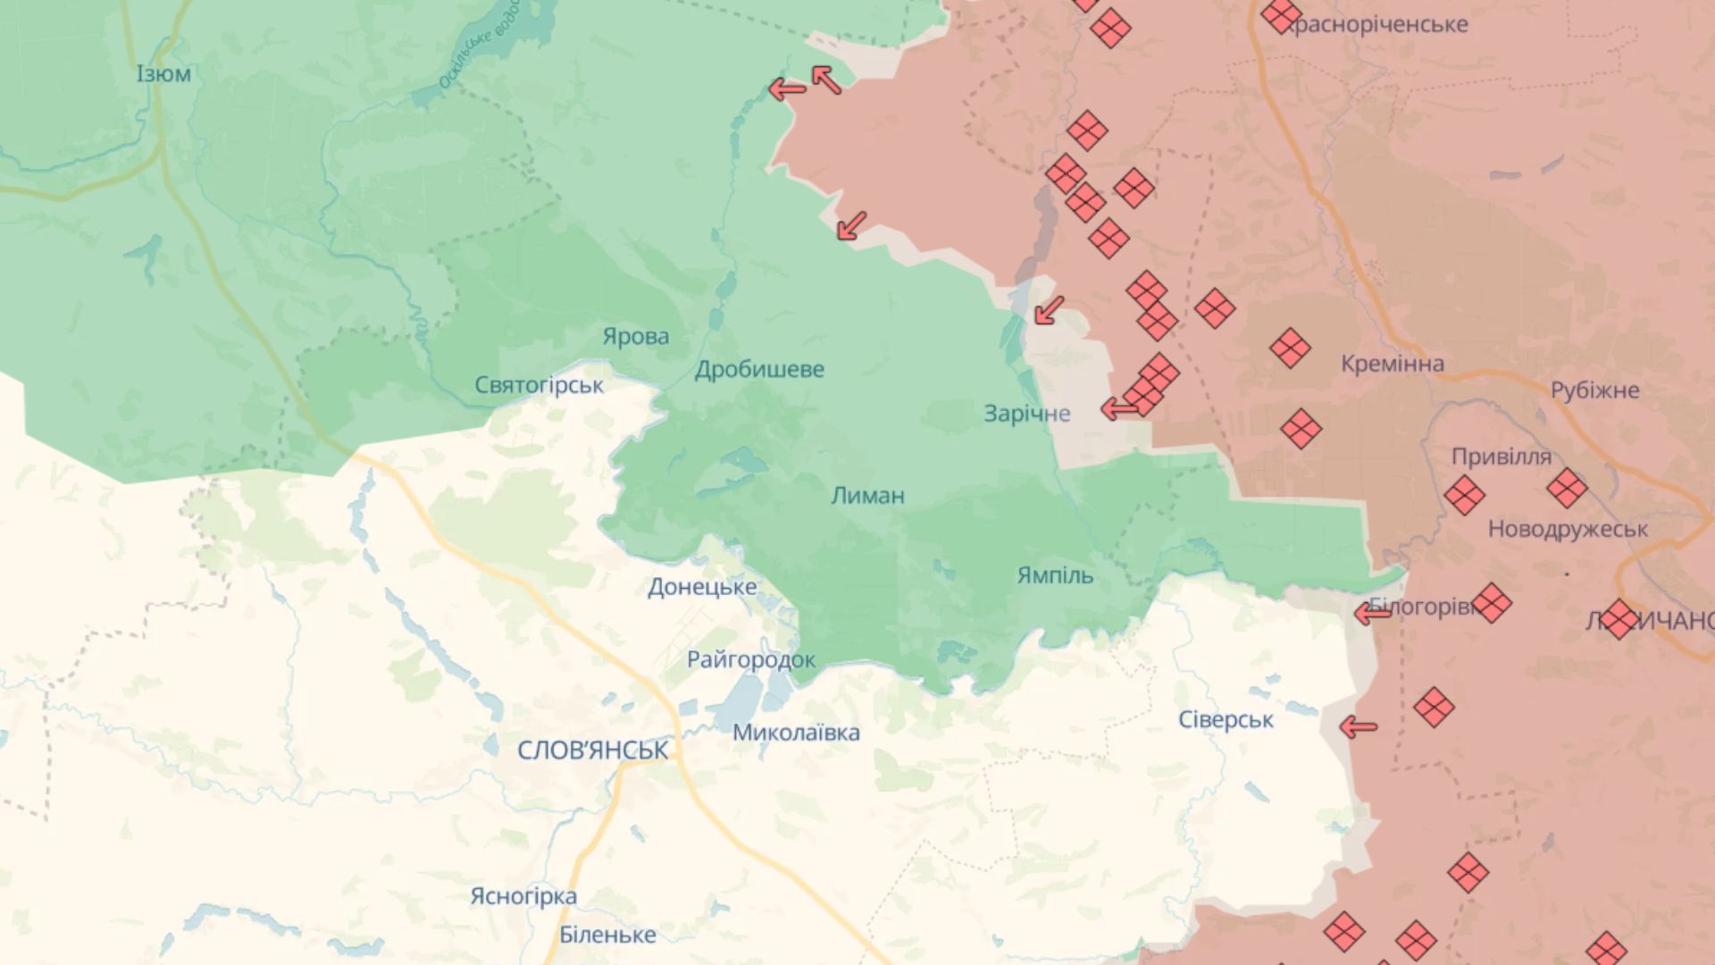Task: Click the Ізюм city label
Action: tap(163, 73)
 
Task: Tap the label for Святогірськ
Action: tap(539, 385)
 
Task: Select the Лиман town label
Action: tap(867, 495)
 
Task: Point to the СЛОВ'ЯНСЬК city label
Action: tap(592, 750)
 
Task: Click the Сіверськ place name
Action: tap(1226, 719)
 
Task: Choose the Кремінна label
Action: tap(1392, 364)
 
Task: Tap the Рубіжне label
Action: tap(1594, 390)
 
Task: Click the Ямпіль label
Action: tap(1055, 575)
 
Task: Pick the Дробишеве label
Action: tap(759, 369)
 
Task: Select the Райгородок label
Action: tap(750, 659)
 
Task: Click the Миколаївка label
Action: tap(796, 733)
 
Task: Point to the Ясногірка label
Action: tap(523, 895)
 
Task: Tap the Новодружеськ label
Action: tap(1568, 529)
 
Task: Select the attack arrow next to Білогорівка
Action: tap(1372, 614)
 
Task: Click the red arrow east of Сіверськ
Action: tap(1358, 727)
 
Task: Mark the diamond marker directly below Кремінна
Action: tap(1301, 429)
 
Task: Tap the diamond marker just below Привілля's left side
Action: tap(1464, 495)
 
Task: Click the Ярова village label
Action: tap(635, 337)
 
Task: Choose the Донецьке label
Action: tap(702, 587)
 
